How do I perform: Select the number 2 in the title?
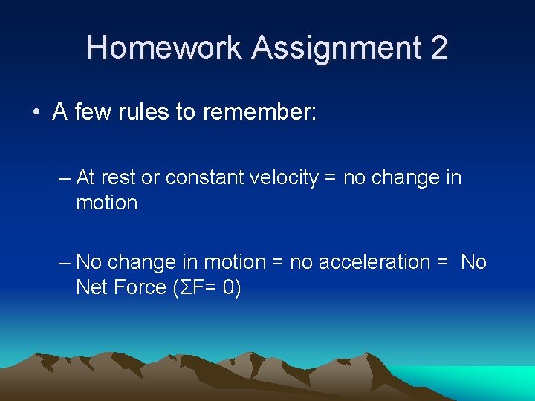tap(438, 48)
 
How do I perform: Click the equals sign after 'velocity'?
tap(329, 179)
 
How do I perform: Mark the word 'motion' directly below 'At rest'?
tap(106, 203)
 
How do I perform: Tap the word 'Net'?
tap(92, 287)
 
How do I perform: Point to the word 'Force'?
tap(143, 287)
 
